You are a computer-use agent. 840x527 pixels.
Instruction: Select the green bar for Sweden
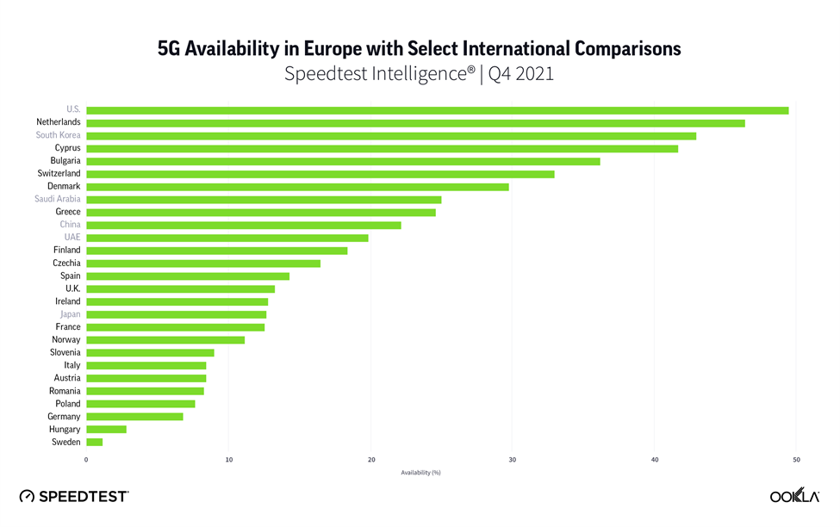pos(94,443)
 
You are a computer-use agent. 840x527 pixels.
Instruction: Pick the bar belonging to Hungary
pos(106,430)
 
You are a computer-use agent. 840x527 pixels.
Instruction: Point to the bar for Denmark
pos(297,187)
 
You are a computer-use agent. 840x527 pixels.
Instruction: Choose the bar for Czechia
pos(203,263)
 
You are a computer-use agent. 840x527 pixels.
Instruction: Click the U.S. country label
pos(72,110)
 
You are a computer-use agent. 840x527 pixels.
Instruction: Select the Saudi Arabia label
pos(58,200)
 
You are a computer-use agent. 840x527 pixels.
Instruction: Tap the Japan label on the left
pos(69,314)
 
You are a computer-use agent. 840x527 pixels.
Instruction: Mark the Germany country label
pos(64,417)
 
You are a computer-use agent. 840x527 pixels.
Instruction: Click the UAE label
pos(72,238)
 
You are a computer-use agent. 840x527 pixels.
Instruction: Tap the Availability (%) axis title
pos(420,473)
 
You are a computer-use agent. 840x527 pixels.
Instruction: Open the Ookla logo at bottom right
pos(793,496)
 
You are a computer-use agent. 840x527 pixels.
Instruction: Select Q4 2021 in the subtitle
pos(520,74)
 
